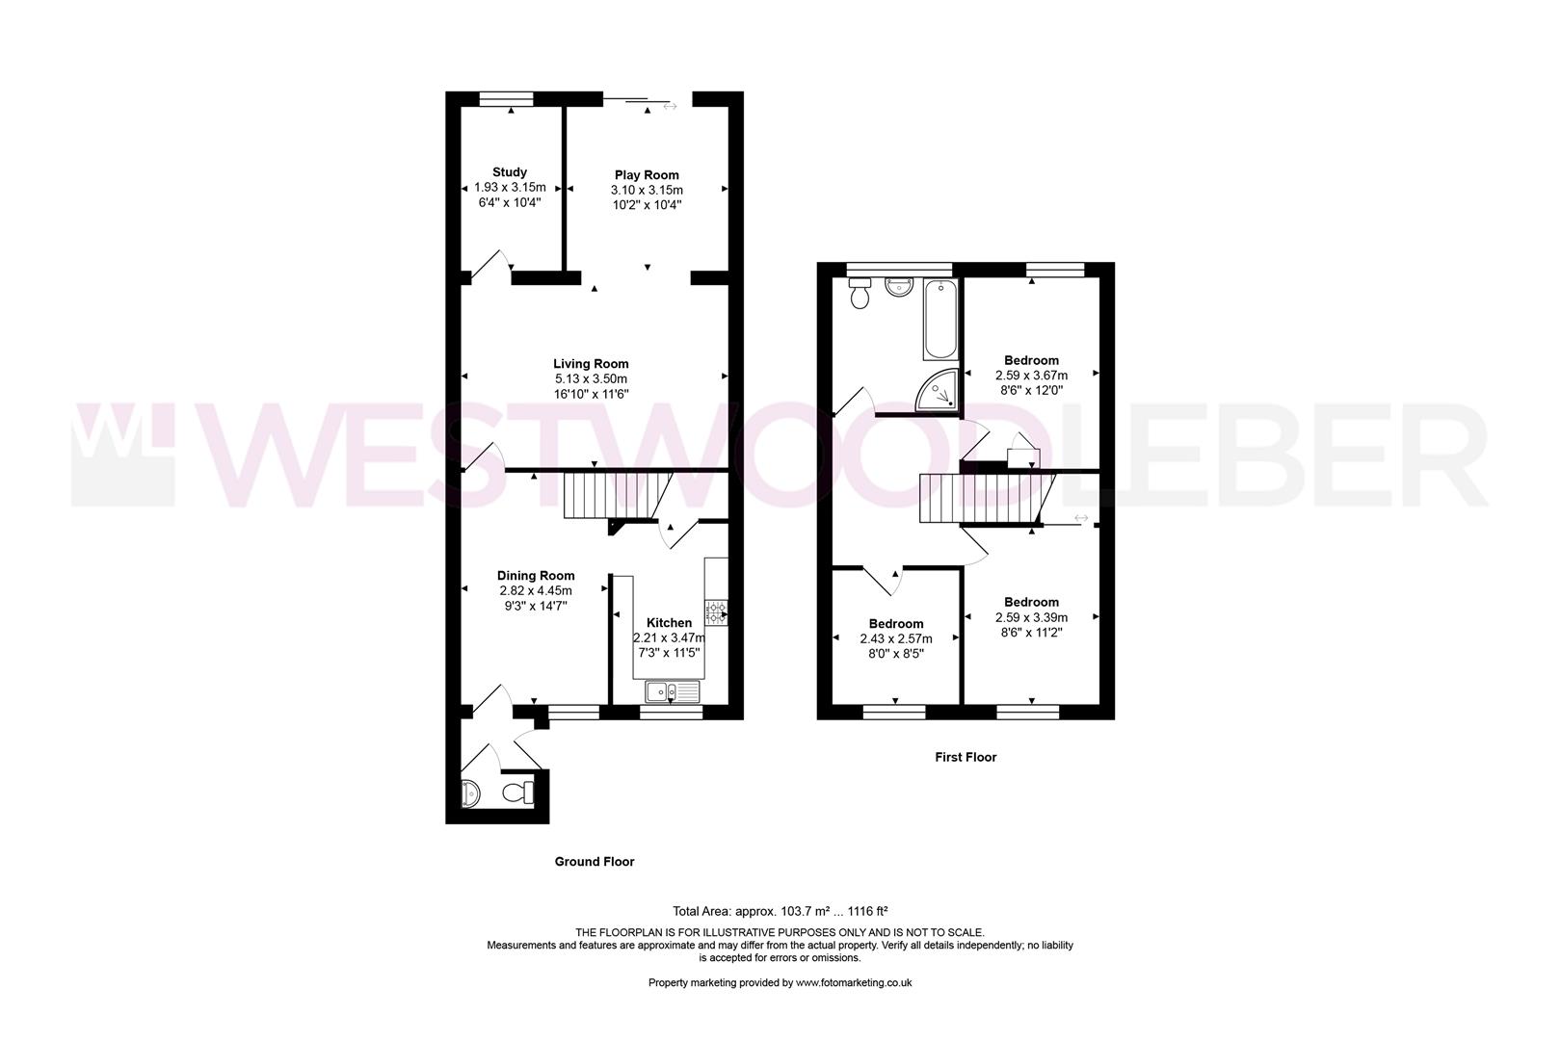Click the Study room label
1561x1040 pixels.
tap(510, 172)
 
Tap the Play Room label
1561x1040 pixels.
tap(647, 175)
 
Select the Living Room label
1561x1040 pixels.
tap(591, 364)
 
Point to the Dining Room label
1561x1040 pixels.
tap(536, 576)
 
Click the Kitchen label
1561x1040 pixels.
tap(669, 623)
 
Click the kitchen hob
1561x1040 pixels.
tap(716, 613)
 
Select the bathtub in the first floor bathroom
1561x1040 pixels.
tap(940, 320)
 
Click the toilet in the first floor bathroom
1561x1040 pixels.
tap(860, 293)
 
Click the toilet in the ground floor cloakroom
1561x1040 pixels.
tap(520, 793)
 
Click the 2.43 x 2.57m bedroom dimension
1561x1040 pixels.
tap(896, 638)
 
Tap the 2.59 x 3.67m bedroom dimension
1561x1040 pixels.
tap(1031, 376)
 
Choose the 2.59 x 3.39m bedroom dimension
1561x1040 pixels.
tap(1031, 617)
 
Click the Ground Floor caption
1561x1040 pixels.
tap(595, 862)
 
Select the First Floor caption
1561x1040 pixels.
tap(966, 757)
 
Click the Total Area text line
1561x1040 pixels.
tap(780, 910)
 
